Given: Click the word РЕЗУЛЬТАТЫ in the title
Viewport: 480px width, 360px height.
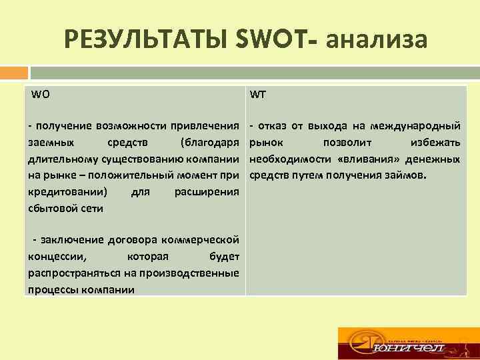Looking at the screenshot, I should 146,41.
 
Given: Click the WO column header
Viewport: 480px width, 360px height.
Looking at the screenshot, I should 40,94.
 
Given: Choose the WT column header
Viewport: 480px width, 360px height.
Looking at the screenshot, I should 258,94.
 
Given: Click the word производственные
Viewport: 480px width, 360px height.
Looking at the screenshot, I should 193,273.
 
